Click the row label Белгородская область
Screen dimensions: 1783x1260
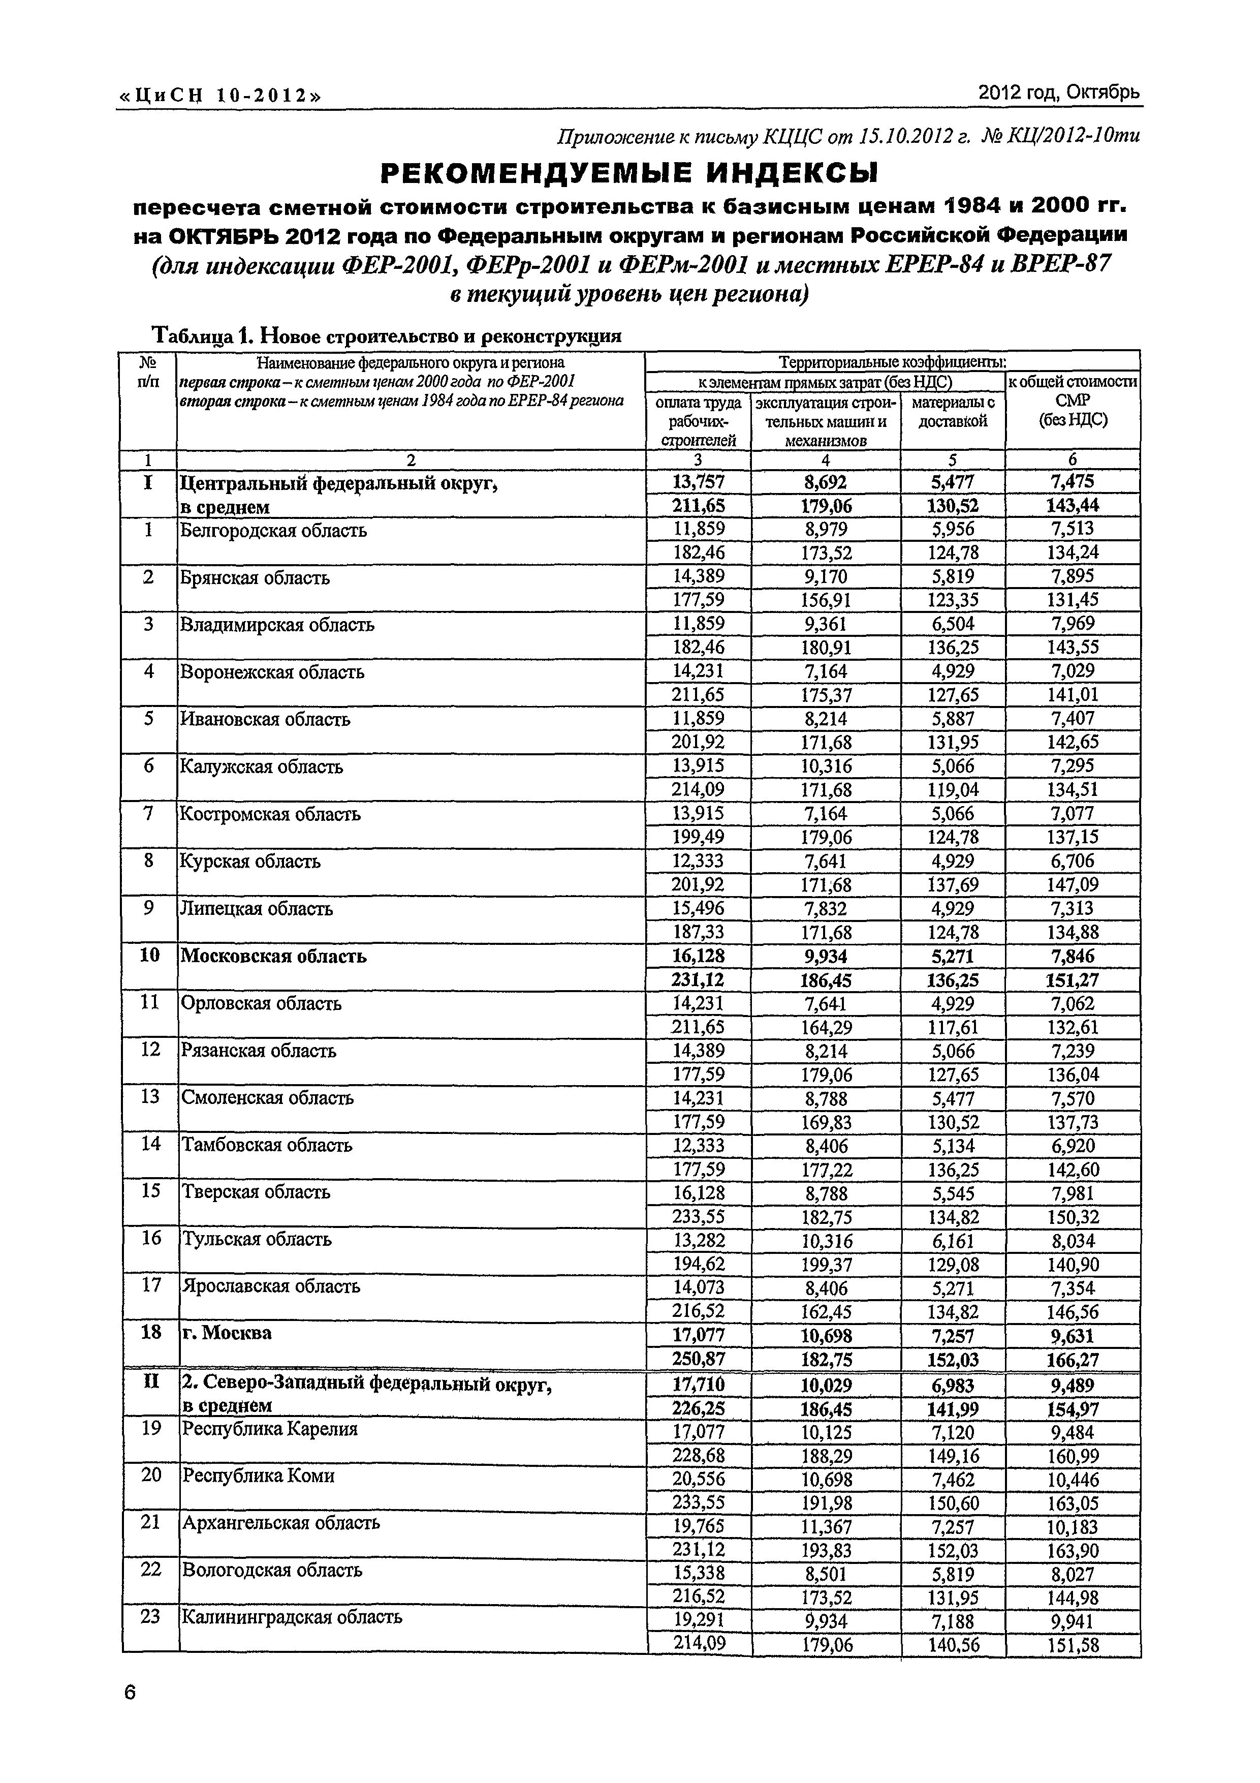pos(273,531)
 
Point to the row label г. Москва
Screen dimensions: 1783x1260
pos(226,1333)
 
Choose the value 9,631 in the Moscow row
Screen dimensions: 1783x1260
pos(1072,1336)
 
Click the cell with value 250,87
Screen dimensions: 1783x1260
pos(698,1359)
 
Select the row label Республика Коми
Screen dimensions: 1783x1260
pos(258,1475)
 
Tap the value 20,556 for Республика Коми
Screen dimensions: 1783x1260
pos(698,1480)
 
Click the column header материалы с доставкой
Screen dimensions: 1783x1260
pos(953,412)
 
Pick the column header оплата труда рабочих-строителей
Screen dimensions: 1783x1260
pos(698,421)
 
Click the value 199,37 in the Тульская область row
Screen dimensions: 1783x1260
pos(826,1264)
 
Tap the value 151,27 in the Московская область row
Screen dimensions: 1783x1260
pos(1072,980)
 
